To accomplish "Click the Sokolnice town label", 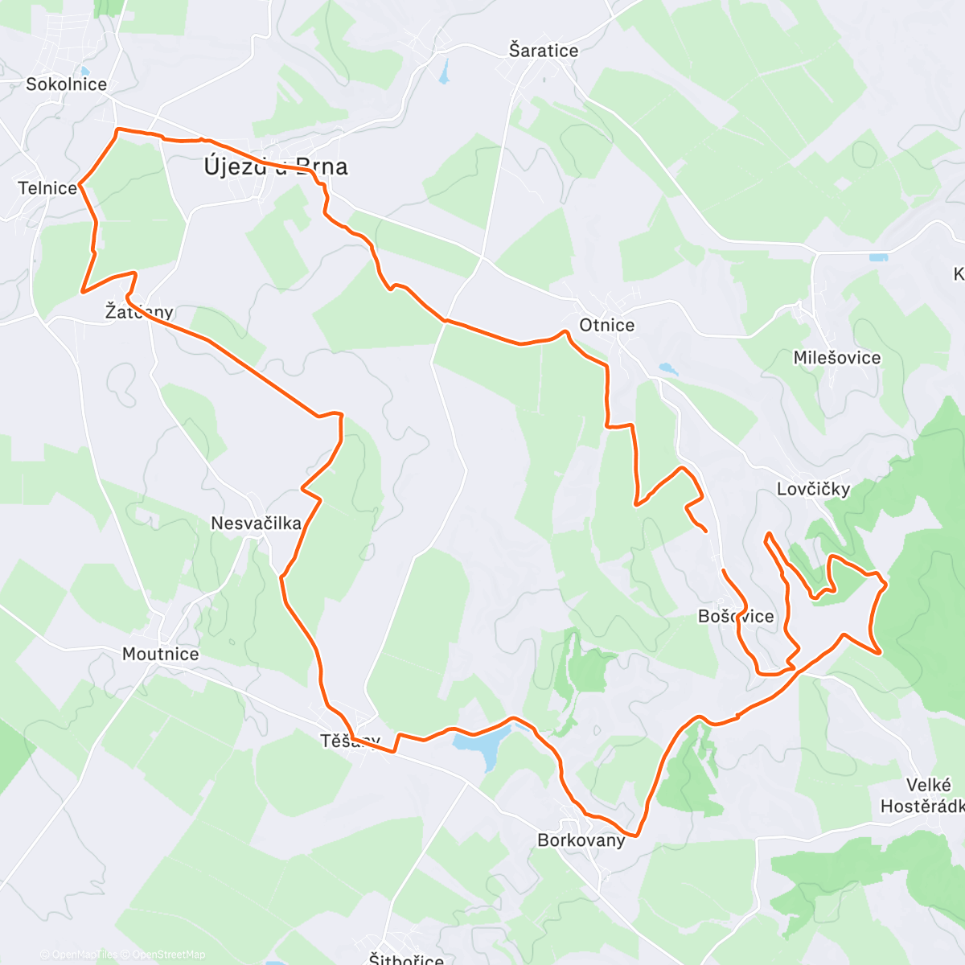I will (x=66, y=84).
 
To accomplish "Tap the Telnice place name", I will (x=47, y=188).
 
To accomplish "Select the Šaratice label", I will (x=544, y=51).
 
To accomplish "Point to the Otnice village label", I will (x=607, y=325).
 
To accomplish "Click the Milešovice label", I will (x=837, y=358).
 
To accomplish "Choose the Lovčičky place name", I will (x=813, y=489).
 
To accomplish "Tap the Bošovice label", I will (x=736, y=617).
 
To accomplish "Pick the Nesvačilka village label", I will (x=256, y=524).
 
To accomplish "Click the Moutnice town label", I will (x=161, y=654).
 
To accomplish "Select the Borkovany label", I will (x=581, y=840).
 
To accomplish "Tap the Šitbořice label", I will (x=406, y=959).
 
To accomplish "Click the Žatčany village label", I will (x=139, y=312).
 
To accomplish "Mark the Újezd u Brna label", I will (x=276, y=166).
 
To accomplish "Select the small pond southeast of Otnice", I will (x=668, y=370).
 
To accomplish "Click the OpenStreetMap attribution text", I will (x=168, y=955).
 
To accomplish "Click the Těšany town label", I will (x=350, y=741).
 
